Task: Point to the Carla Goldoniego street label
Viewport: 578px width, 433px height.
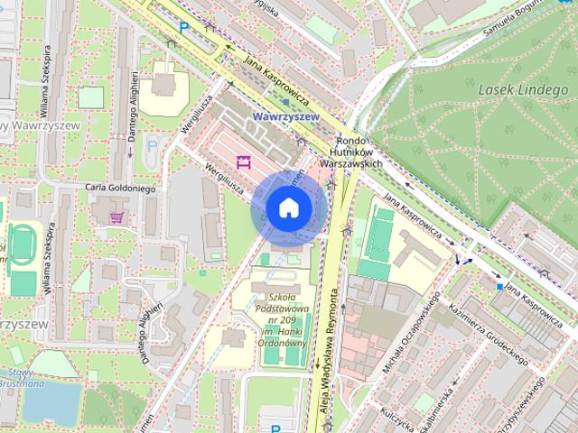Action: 120,189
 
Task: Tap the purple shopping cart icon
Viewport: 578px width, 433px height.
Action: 117,216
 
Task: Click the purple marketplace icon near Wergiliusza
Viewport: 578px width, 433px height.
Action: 242,162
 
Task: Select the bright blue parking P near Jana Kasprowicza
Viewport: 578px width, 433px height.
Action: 184,28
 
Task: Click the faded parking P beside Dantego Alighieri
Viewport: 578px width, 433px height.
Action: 152,143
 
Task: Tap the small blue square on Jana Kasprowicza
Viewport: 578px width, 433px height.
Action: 499,287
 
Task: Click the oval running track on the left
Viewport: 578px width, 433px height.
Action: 21,246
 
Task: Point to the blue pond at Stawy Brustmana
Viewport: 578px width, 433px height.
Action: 50,403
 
